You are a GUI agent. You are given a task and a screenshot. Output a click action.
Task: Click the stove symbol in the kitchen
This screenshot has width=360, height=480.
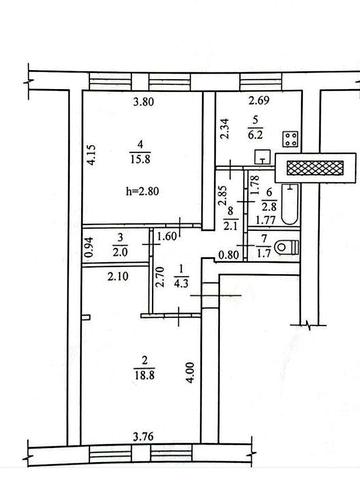click(291, 139)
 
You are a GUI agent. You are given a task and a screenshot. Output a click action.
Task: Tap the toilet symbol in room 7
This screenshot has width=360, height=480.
click(287, 247)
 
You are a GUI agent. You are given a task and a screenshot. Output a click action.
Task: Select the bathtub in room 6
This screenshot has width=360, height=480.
click(290, 204)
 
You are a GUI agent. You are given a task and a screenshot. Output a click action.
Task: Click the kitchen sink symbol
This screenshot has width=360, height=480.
click(263, 157)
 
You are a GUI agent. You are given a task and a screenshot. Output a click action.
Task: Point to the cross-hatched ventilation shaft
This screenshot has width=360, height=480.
click(315, 168)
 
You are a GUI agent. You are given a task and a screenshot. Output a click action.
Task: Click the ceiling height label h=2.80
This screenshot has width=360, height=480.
click(142, 191)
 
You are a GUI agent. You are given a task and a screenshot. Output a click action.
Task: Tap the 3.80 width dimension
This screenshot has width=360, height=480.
click(144, 101)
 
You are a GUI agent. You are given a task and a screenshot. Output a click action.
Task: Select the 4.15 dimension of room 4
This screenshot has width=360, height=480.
click(92, 154)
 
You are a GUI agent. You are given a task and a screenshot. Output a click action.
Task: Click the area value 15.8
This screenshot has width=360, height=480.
click(140, 159)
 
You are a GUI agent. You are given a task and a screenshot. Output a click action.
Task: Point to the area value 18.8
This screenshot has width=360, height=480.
click(145, 375)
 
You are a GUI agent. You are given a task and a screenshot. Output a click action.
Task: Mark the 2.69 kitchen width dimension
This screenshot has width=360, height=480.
click(259, 100)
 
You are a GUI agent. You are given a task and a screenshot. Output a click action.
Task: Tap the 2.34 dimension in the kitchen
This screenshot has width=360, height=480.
click(225, 129)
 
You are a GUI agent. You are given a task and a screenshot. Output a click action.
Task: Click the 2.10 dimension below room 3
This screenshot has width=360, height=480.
click(118, 276)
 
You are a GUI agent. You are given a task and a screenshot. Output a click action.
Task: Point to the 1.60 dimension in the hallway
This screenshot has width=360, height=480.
click(167, 237)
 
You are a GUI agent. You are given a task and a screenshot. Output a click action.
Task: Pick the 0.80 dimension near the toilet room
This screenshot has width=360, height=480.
click(229, 255)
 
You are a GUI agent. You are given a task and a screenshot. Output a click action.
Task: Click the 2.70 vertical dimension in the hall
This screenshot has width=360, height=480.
click(160, 277)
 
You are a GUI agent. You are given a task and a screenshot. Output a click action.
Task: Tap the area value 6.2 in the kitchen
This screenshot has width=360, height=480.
click(255, 135)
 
